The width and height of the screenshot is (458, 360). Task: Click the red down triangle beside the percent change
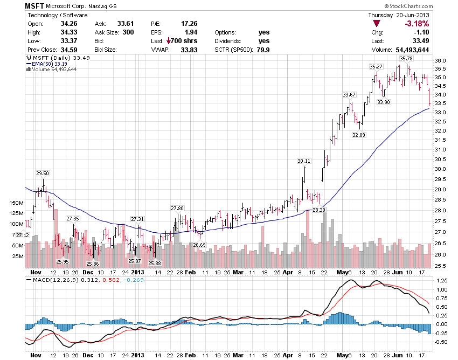377,24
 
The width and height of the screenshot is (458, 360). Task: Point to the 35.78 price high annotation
406,58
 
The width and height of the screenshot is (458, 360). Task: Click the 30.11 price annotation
304,161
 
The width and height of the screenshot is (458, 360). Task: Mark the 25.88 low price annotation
155,263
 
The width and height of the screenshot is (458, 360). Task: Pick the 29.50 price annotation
43,173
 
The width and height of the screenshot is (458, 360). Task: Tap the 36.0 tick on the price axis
441,60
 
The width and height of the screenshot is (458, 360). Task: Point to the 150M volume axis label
16,203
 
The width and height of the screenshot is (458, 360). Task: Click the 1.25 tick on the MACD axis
441,281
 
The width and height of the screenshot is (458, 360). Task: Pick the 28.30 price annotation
319,210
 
